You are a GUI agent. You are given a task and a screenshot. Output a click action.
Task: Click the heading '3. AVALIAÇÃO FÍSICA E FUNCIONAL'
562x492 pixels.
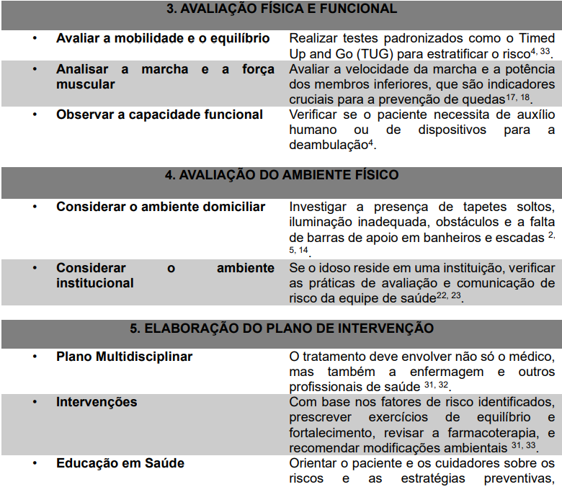click(281, 9)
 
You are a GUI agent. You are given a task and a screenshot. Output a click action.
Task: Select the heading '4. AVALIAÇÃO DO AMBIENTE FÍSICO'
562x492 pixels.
click(281, 175)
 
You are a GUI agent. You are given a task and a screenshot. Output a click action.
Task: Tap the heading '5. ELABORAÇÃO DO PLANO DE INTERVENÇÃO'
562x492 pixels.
click(281, 328)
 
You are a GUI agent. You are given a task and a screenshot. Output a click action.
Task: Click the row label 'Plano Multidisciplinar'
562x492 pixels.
click(125, 357)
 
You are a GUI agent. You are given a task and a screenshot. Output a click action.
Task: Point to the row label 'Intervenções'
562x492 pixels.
click(97, 402)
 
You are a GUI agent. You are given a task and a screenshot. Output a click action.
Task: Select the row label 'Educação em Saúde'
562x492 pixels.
click(120, 463)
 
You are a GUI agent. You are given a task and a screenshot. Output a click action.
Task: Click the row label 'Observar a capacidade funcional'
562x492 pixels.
click(160, 115)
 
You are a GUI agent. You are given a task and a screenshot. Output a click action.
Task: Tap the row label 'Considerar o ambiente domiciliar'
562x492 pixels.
click(161, 207)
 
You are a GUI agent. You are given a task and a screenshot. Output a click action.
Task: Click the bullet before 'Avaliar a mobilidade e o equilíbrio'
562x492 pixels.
click(35, 38)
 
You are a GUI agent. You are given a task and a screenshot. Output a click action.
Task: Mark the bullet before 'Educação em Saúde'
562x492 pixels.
click(35, 463)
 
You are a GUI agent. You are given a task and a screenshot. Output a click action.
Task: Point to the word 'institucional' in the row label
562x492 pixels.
click(95, 283)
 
